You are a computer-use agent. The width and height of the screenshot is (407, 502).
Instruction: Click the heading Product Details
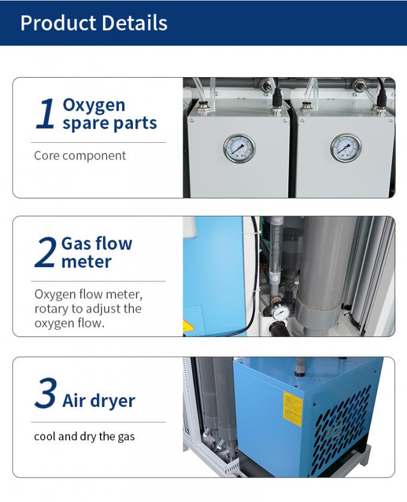click(x=93, y=23)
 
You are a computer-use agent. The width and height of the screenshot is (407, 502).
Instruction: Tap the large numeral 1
click(x=45, y=114)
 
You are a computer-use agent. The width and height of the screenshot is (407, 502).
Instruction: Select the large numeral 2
click(x=45, y=252)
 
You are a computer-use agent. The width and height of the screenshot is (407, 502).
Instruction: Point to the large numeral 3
click(x=45, y=393)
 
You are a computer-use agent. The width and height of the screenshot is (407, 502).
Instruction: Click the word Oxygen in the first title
click(x=93, y=106)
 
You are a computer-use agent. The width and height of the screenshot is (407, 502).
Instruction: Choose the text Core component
click(x=80, y=156)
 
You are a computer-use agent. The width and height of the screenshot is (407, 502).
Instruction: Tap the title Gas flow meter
click(x=96, y=253)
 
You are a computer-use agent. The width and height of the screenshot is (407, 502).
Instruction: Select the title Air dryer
click(x=99, y=401)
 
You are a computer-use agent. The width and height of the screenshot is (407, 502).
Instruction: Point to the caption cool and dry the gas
click(x=84, y=436)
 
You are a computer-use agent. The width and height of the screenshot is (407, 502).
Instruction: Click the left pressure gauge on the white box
click(x=239, y=149)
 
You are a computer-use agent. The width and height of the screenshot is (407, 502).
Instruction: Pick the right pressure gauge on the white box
click(x=346, y=148)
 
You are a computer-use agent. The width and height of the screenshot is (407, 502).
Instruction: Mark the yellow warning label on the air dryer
click(x=293, y=409)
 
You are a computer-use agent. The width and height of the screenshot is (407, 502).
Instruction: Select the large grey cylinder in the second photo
click(x=321, y=276)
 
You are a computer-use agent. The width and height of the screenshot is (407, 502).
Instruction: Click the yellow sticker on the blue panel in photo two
click(x=186, y=326)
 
